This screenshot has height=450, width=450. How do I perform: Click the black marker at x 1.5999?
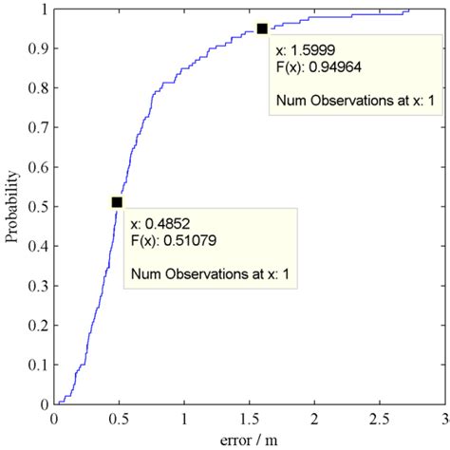[262, 28]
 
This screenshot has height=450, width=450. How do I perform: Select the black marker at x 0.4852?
[117, 201]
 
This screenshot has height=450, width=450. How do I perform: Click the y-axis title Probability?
[12, 206]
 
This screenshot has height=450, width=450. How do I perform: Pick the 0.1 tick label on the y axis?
[36, 365]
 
